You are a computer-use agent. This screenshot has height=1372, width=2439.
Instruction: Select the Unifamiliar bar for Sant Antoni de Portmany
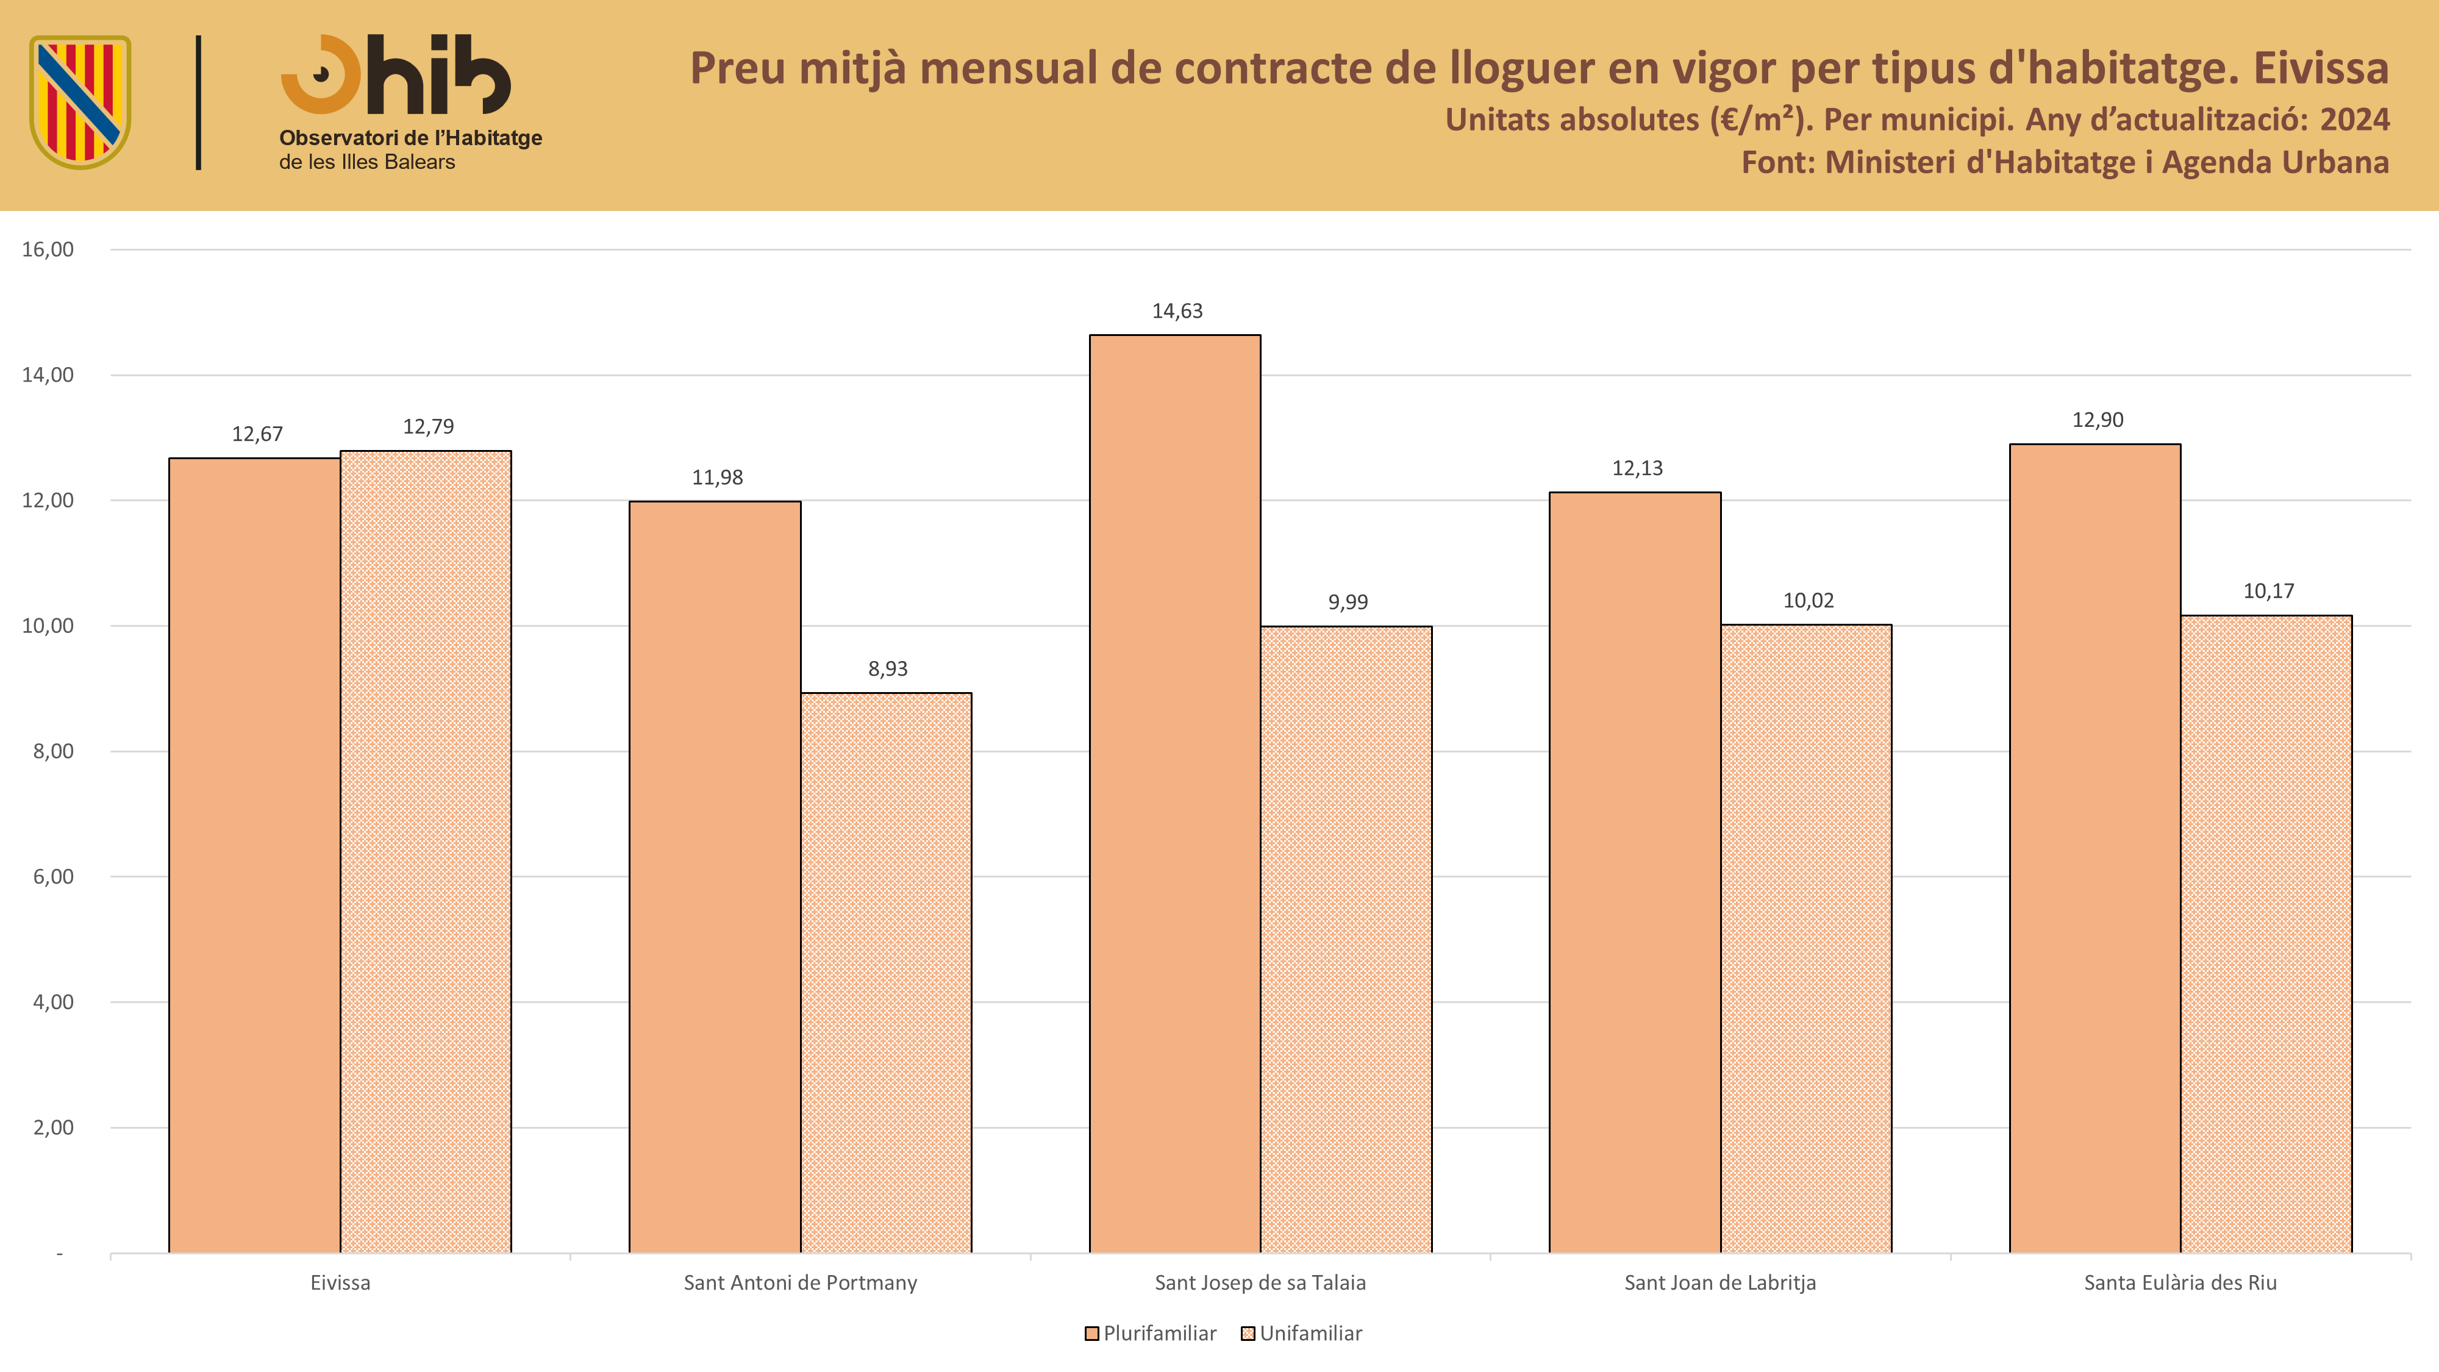(886, 973)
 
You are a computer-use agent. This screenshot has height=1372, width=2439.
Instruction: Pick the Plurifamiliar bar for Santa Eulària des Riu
(2094, 848)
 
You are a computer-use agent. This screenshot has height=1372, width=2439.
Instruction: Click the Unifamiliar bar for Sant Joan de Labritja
(1807, 939)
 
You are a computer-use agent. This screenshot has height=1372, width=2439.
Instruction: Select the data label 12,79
(428, 427)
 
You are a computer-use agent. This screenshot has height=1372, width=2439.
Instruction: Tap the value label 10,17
(2268, 591)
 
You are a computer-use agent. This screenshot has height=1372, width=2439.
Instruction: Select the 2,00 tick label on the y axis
(53, 1127)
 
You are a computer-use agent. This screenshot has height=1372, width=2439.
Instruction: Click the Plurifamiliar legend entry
(1151, 1333)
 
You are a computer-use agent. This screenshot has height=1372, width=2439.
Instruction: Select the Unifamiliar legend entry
(1302, 1333)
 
